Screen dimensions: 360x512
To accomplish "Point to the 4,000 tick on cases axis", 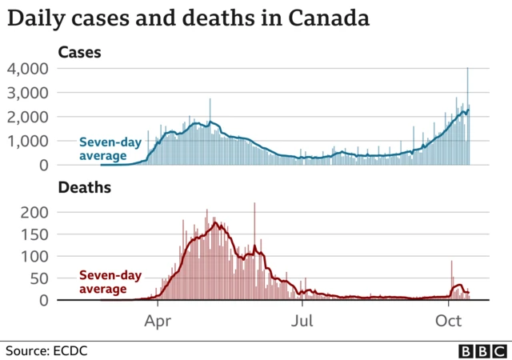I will click(29, 69).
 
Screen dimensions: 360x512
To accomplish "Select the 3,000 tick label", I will click(29, 93).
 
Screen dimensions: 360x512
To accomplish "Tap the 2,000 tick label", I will click(29, 117).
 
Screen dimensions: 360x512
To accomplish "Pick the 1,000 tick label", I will click(29, 141).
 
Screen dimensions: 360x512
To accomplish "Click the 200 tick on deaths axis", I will click(36, 213).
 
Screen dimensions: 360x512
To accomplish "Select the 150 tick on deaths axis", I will click(36, 235).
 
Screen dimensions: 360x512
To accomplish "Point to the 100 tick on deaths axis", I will click(36, 257).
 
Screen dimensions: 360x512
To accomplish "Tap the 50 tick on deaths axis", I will click(40, 278).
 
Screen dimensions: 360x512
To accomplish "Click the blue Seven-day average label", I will click(110, 150).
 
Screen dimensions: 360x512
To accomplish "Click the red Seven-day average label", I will click(110, 282).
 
